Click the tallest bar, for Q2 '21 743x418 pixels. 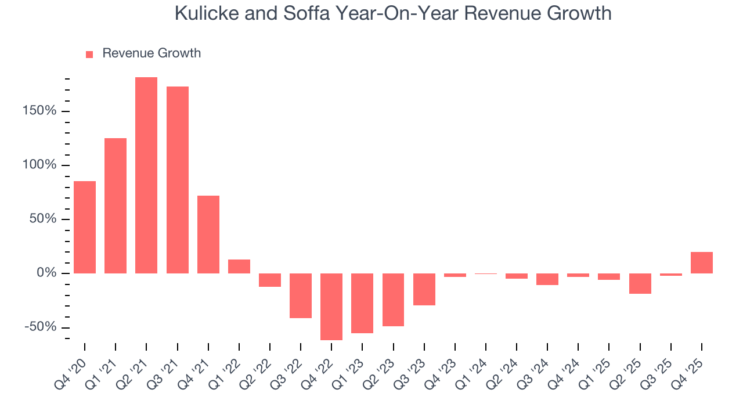click(x=146, y=175)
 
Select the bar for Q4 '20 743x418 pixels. click(x=85, y=227)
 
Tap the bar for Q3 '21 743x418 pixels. click(x=178, y=180)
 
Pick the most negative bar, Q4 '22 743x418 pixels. click(x=331, y=307)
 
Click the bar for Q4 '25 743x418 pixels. click(x=702, y=262)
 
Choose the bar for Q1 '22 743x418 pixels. click(x=239, y=266)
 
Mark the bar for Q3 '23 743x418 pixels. click(x=424, y=289)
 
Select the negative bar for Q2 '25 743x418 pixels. click(x=640, y=283)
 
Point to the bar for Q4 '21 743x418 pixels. click(x=208, y=235)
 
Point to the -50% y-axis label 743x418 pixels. click(x=41, y=327)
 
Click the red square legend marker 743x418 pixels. click(x=89, y=55)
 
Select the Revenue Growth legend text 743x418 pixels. click(x=152, y=53)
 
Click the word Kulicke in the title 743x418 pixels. click(x=206, y=13)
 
